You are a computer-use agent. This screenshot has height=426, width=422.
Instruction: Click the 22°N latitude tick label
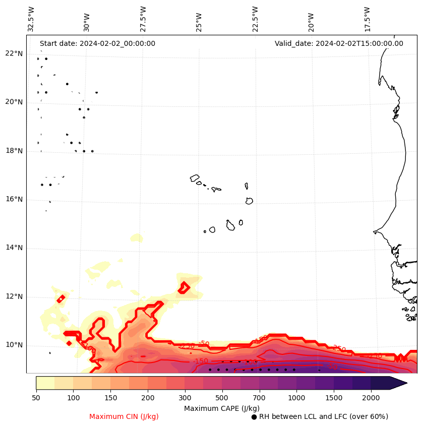pos(14,54)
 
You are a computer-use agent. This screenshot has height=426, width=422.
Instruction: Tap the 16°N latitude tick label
pos(14,200)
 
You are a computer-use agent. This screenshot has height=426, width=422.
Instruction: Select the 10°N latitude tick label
pos(14,345)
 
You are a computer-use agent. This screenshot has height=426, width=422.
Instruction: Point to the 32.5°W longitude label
pos(31,19)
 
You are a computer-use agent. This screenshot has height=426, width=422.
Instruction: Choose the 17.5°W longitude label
pos(367,19)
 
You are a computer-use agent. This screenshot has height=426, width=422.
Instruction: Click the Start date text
pos(97,44)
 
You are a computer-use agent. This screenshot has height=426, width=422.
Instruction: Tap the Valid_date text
pos(339,44)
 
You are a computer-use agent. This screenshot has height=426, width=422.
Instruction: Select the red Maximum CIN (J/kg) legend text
pos(124,416)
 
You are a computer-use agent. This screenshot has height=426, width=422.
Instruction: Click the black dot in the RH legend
pos(254,417)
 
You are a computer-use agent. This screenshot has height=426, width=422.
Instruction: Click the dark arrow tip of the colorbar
pos(400,383)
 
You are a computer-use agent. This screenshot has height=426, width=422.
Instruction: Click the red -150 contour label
pos(200,361)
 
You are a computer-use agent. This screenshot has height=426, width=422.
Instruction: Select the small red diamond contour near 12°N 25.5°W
pos(184,288)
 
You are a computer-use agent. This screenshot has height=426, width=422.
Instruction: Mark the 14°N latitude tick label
pos(14,248)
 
